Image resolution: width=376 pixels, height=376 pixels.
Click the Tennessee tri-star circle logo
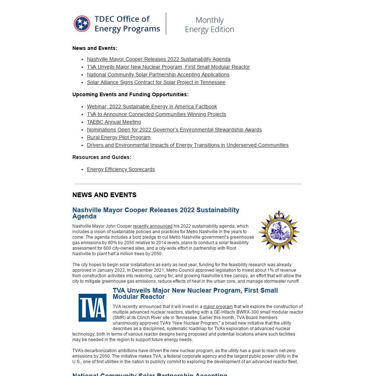(x=82, y=24)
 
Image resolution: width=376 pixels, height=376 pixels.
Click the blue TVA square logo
(x=93, y=308)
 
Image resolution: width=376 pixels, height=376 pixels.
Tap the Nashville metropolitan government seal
(x=279, y=231)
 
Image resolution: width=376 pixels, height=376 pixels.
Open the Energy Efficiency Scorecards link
(x=121, y=169)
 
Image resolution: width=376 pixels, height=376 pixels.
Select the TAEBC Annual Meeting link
(x=114, y=122)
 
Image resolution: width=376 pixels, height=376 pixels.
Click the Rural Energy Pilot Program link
(x=119, y=137)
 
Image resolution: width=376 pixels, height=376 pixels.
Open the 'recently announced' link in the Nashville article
(x=152, y=226)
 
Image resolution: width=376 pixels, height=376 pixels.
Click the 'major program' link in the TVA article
(x=218, y=307)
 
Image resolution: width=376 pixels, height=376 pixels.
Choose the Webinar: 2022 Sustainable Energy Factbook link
(x=152, y=106)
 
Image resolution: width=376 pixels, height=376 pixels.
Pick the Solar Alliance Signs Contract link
(x=156, y=82)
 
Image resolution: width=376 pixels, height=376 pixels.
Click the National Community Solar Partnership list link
(x=158, y=75)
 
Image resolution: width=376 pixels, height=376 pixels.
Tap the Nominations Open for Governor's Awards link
(x=174, y=130)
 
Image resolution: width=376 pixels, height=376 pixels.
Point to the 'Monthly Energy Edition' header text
(x=209, y=25)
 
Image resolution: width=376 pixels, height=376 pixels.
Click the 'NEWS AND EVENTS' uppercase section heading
(x=104, y=195)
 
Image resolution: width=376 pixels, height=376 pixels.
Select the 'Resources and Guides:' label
(x=102, y=157)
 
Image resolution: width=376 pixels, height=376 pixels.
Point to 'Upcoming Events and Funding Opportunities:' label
(x=130, y=94)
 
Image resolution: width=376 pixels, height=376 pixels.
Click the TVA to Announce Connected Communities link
(x=156, y=114)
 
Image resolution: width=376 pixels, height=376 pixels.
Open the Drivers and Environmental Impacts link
(x=188, y=145)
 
